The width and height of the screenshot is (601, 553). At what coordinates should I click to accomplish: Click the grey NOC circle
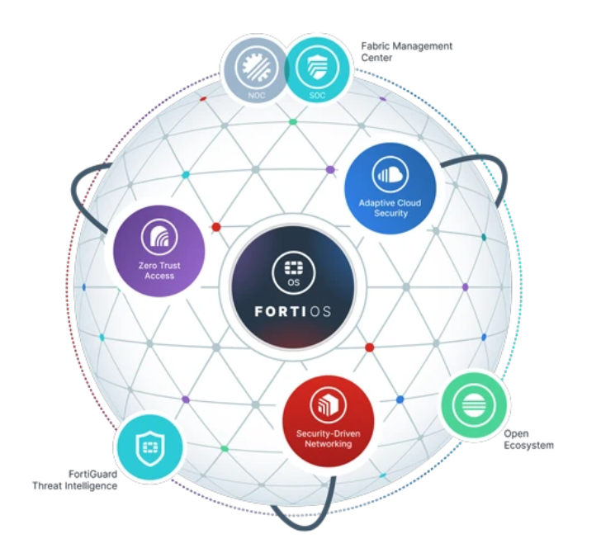[x=256, y=70]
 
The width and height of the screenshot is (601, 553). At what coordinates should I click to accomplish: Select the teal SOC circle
[x=317, y=70]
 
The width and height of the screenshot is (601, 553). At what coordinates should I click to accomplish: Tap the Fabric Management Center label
[x=406, y=52]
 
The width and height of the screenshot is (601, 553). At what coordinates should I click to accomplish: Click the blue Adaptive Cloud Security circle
[x=390, y=188]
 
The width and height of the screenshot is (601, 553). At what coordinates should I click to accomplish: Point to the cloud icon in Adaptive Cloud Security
[x=390, y=175]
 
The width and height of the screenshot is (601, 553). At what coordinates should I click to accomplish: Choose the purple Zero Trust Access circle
[x=159, y=251]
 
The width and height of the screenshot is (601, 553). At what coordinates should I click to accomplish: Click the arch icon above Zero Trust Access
[x=159, y=237]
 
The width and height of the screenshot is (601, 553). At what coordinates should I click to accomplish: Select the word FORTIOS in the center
[x=293, y=311]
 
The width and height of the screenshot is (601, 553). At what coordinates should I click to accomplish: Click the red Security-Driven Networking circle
[x=329, y=421]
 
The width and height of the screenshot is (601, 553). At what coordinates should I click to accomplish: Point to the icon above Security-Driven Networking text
[x=329, y=405]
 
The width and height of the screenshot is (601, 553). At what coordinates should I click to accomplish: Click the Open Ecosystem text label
[x=528, y=440]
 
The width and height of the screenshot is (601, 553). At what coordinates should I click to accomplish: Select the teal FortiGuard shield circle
[x=150, y=447]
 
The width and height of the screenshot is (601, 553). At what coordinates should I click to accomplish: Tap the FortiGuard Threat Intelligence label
[x=75, y=480]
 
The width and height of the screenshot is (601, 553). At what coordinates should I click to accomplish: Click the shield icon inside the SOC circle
[x=317, y=66]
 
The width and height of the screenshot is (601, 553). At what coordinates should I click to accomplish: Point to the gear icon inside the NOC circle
[x=256, y=66]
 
